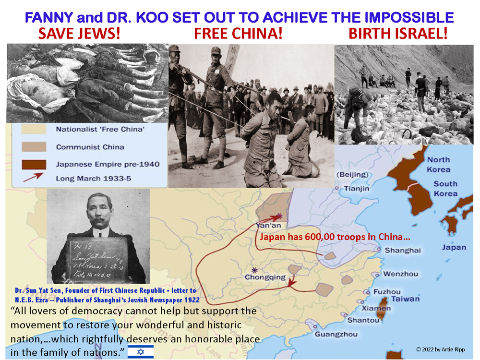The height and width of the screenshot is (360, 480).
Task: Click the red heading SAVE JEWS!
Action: (80, 35)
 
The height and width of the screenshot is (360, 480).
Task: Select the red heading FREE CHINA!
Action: (238, 35)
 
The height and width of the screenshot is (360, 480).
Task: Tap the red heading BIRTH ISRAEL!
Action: (398, 35)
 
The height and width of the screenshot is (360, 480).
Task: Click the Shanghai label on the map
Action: (403, 250)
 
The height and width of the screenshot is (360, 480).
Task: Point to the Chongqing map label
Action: (265, 277)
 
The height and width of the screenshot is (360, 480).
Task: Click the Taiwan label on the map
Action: (405, 299)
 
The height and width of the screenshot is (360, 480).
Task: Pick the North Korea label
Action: (439, 164)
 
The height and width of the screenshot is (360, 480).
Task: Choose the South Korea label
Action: (445, 189)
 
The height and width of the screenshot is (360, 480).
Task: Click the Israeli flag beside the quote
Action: (140, 352)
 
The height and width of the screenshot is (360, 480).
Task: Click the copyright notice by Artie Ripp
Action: (440, 349)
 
